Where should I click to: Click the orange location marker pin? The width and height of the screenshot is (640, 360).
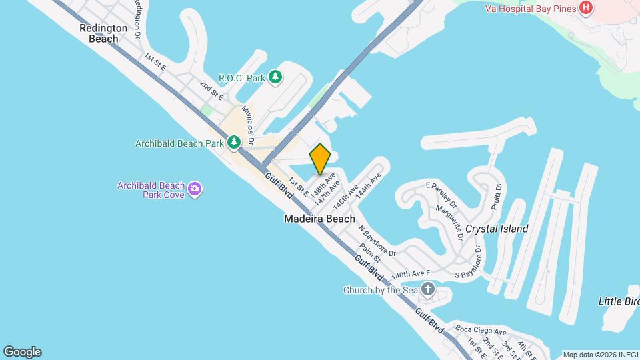(x=321, y=159)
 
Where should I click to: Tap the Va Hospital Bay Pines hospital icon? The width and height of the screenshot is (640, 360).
(x=585, y=8)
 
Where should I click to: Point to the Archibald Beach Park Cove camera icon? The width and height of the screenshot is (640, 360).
(x=194, y=189)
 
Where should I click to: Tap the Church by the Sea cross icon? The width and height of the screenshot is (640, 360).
(x=427, y=290)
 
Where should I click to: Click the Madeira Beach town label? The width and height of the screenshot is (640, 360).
(x=319, y=219)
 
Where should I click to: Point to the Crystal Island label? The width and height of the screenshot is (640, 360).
(x=497, y=229)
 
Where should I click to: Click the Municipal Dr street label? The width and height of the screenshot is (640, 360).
(x=249, y=125)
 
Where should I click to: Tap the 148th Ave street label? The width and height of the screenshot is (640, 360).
(x=325, y=181)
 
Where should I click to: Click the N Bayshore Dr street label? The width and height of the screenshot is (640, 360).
(x=377, y=241)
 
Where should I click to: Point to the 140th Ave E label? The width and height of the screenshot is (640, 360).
(x=411, y=274)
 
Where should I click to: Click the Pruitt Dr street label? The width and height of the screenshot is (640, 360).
(x=496, y=197)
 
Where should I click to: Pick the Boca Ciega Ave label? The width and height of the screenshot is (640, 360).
(x=481, y=331)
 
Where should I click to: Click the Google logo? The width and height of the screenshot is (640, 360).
(x=22, y=352)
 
